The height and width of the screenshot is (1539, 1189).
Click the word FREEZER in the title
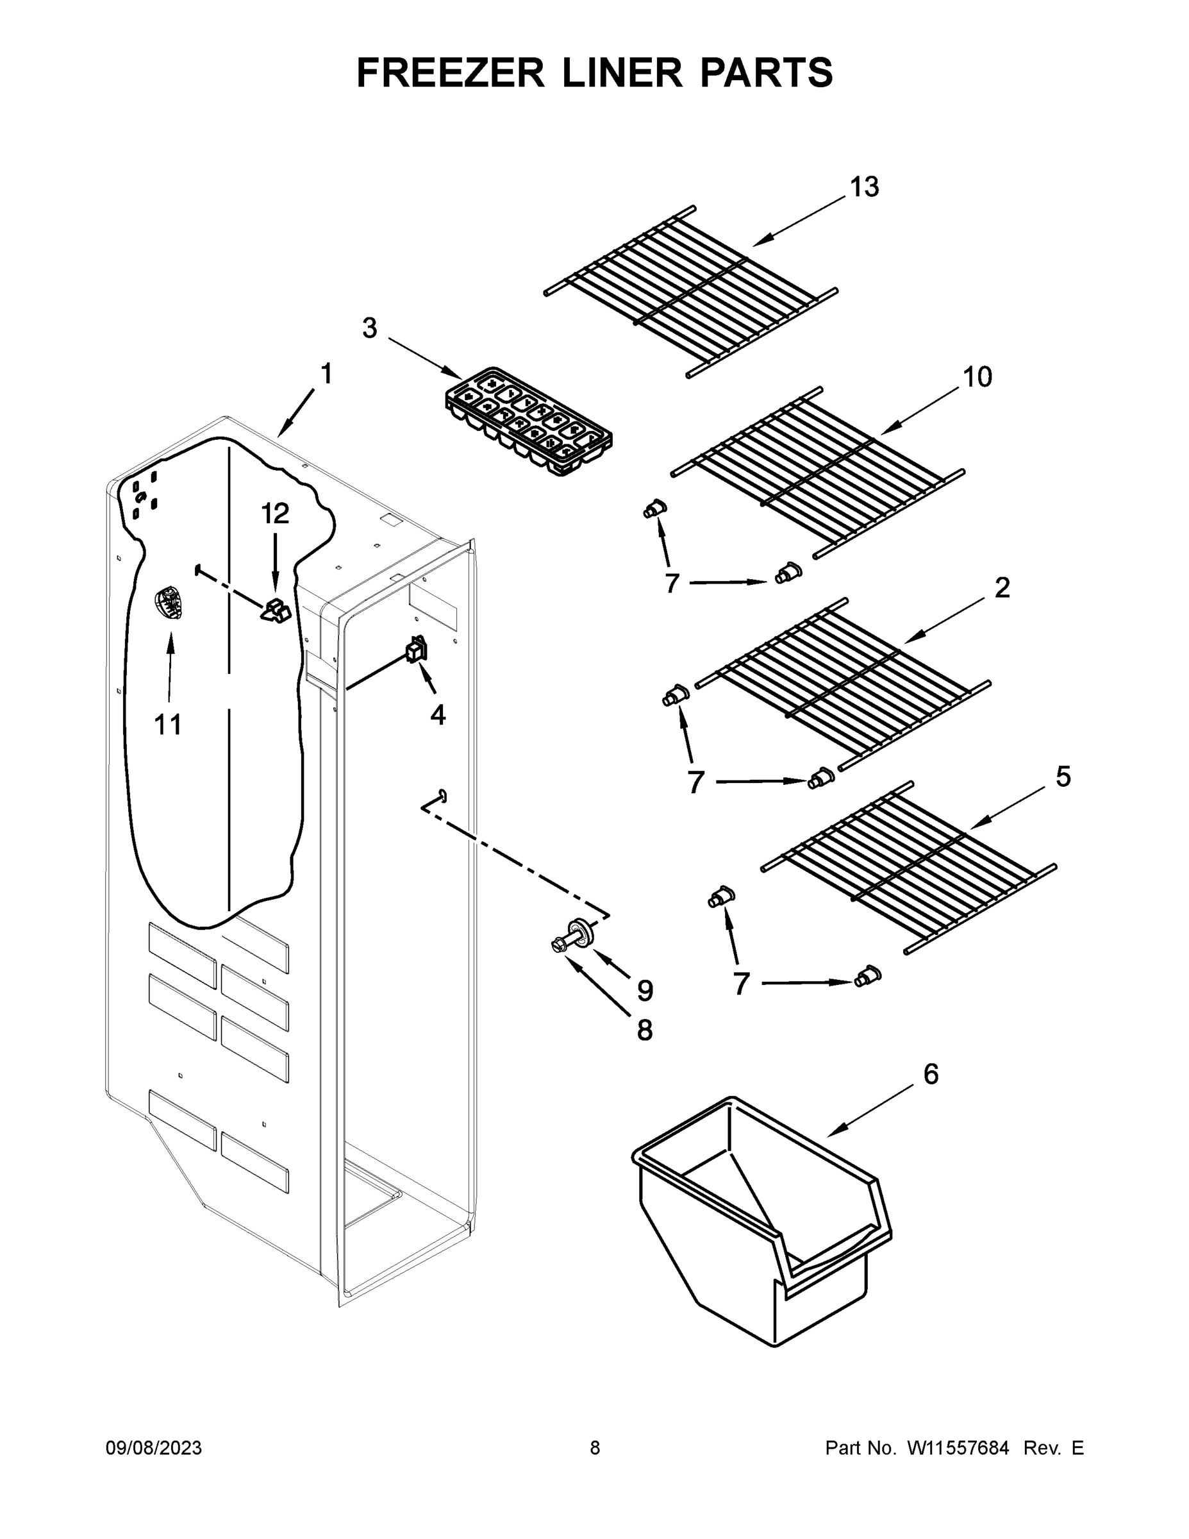pos(450,72)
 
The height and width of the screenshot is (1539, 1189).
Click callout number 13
pos(864,187)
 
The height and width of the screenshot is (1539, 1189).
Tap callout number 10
pos(977,377)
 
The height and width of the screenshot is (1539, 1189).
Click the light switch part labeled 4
pos(415,649)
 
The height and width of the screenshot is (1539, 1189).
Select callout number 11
pos(168,724)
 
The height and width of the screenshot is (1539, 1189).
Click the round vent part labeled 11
pos(168,603)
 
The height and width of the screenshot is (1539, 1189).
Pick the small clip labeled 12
pos(277,611)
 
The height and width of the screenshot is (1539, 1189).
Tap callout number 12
pos(276,514)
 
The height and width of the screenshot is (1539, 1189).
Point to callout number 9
pos(645,991)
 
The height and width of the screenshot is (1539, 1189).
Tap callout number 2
pos(1002,587)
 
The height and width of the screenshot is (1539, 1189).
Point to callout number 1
pos(326,373)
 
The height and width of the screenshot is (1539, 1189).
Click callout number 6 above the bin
pos(931,1075)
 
